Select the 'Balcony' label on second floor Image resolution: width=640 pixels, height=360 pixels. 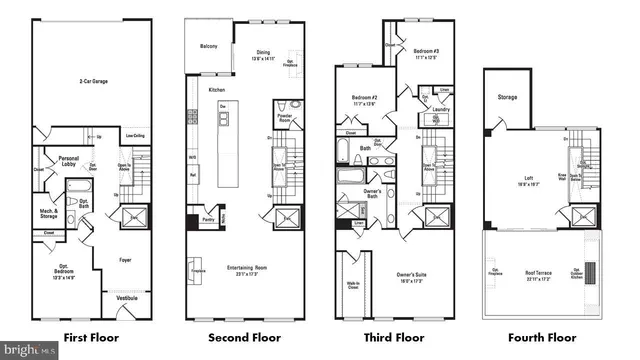[x=207, y=46]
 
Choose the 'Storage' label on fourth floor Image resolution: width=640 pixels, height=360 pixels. [x=508, y=97]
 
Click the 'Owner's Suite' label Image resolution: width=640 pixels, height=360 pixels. [x=418, y=279]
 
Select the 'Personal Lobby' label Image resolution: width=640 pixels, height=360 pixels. [x=68, y=161]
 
